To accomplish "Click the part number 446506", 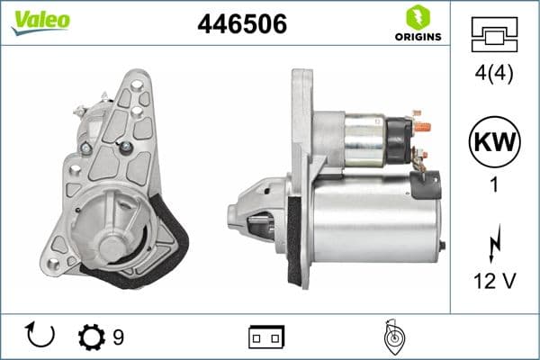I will (241, 25).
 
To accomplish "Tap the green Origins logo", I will (417, 23).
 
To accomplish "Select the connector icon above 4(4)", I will (494, 36).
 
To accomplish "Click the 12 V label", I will (494, 281).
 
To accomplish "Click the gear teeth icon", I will (91, 337).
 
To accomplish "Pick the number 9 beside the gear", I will (119, 337).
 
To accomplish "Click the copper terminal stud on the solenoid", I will (423, 125).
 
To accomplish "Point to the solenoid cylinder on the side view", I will (369, 140).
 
